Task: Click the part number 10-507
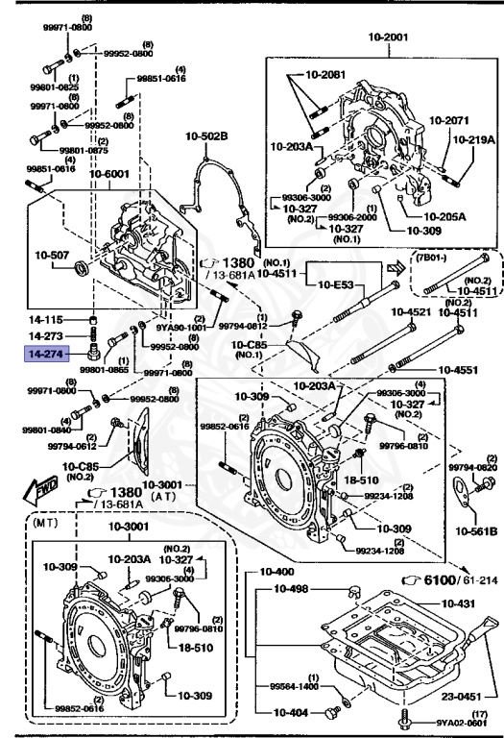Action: click(x=54, y=256)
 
